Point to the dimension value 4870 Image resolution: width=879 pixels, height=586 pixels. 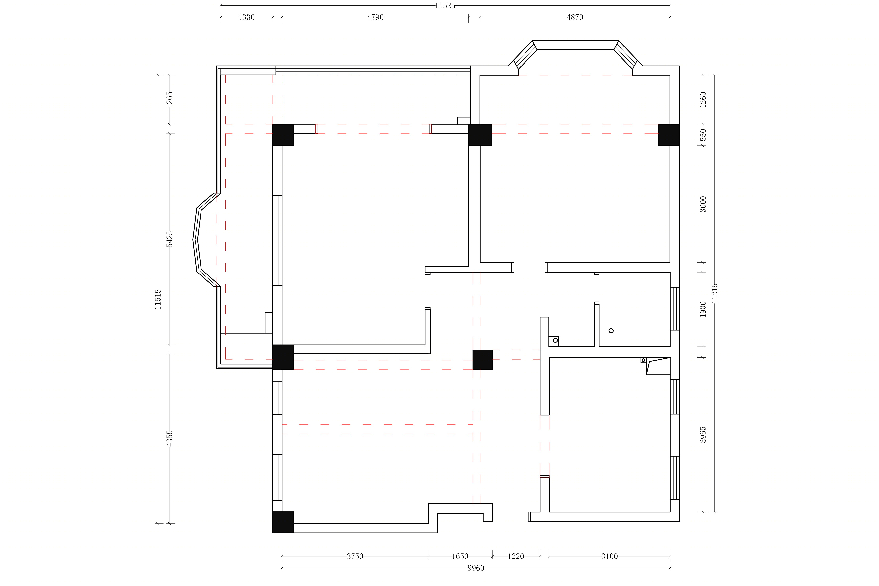575,17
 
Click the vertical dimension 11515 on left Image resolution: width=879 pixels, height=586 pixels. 158,299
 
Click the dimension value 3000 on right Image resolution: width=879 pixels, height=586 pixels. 703,204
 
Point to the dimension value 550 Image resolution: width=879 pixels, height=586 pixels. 703,135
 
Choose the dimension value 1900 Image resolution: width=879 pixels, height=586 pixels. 703,309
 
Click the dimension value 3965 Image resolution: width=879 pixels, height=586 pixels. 703,435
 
